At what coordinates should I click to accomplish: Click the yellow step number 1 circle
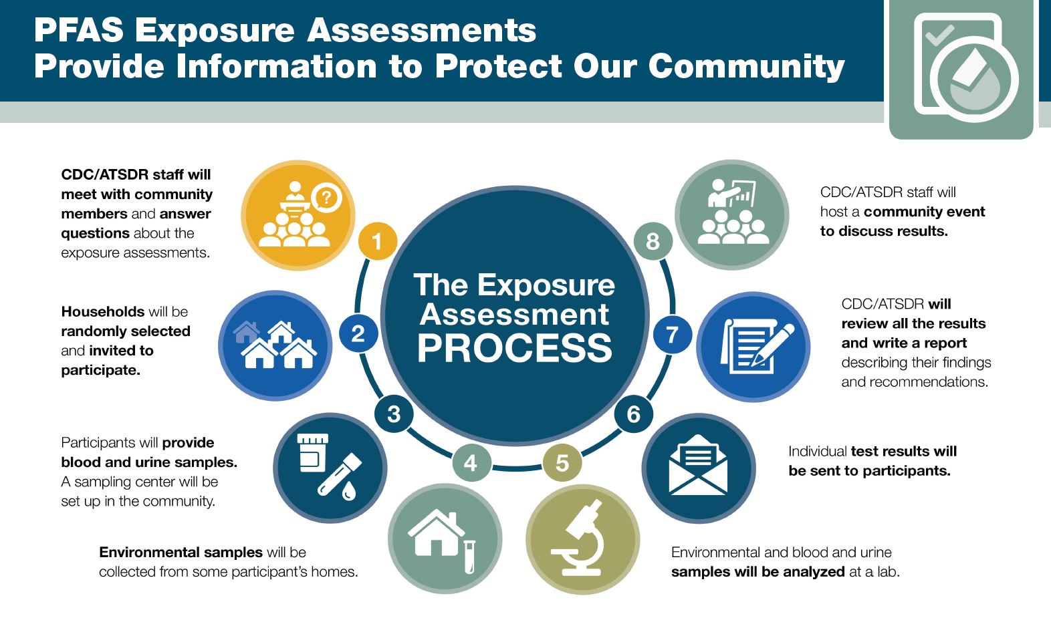tap(378, 241)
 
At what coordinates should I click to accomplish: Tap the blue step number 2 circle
tap(358, 333)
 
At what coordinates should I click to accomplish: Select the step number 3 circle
tap(394, 414)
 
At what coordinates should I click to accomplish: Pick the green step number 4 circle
tap(471, 463)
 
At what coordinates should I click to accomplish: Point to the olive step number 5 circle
tap(562, 463)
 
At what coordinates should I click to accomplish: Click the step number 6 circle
tap(633, 414)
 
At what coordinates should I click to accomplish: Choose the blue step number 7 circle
tap(673, 335)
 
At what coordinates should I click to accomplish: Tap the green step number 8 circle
tap(653, 241)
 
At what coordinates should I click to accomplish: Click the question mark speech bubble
tap(326, 198)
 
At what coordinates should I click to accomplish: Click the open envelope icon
tap(698, 464)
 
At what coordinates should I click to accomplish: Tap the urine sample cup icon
tap(312, 452)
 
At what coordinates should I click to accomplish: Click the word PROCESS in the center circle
tap(515, 347)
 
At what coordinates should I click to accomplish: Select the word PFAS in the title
tap(79, 30)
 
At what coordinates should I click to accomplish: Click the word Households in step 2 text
tap(103, 311)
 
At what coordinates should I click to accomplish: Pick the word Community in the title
tap(747, 65)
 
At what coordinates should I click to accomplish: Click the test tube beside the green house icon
tap(469, 557)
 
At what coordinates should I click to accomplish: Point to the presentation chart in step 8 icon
tap(742, 193)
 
